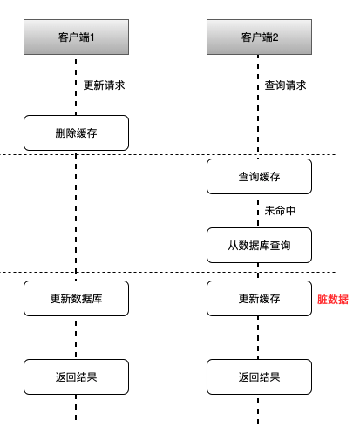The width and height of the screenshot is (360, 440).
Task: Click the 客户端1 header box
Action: (77, 37)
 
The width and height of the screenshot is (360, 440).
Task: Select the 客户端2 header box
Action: (259, 37)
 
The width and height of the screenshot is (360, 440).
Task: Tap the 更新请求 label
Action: (104, 85)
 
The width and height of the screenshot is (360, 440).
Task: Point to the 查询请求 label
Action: (286, 85)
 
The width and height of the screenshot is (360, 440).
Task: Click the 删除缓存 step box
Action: (77, 132)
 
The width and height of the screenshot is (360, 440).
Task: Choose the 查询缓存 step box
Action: (259, 176)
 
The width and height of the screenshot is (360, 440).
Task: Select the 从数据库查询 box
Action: (259, 246)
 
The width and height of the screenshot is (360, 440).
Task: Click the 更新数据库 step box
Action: (77, 298)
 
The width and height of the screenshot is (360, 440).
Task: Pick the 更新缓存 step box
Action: (259, 298)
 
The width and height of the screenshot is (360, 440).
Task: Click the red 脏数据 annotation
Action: (333, 299)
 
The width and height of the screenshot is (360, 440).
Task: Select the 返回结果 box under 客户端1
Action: (77, 376)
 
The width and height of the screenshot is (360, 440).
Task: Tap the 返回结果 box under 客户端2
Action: (259, 376)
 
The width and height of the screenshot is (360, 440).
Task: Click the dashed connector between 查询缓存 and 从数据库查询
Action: (259, 211)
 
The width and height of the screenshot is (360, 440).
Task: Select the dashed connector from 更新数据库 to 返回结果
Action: (77, 337)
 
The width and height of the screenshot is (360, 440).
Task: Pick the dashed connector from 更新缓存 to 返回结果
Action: (259, 337)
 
